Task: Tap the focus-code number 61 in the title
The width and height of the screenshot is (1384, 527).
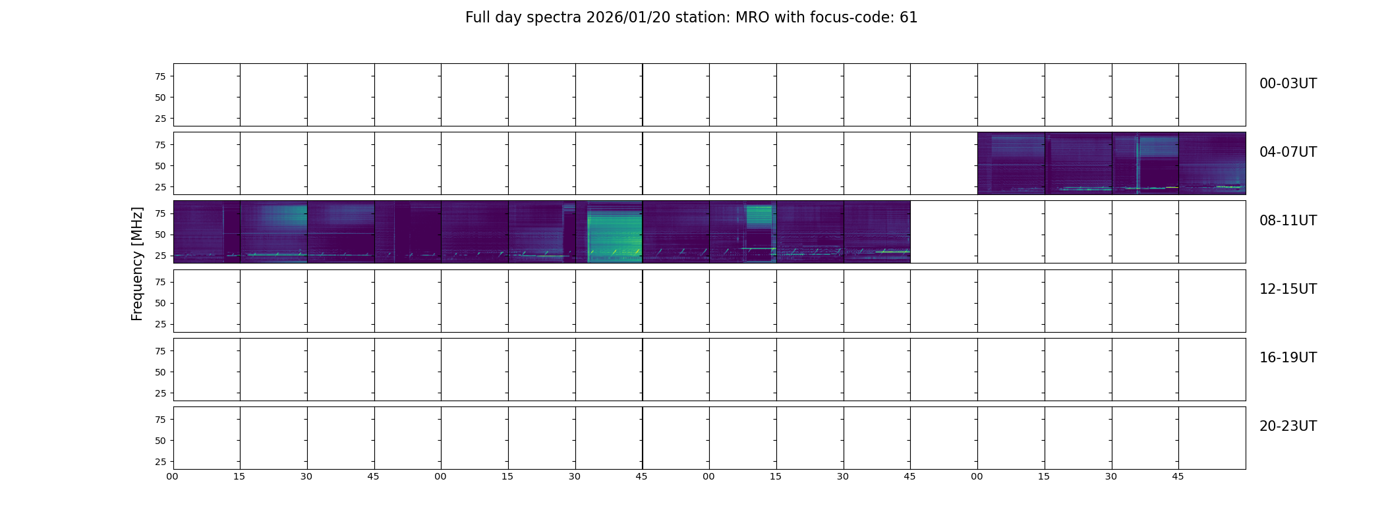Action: click(x=909, y=18)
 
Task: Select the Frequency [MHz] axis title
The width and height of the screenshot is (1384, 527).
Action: click(x=137, y=263)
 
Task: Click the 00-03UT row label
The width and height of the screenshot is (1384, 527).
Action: click(x=1288, y=84)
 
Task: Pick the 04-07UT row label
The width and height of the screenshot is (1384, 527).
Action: click(x=1288, y=152)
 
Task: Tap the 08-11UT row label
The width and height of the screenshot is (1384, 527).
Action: click(x=1288, y=221)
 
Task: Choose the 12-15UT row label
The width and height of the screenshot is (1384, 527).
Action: click(x=1288, y=289)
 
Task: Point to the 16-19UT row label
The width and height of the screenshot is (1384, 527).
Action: click(x=1288, y=358)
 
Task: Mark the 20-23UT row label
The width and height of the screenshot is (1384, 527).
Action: click(x=1288, y=426)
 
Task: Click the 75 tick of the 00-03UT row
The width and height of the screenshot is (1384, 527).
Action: click(x=160, y=76)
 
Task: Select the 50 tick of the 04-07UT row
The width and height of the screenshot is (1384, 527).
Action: click(x=160, y=166)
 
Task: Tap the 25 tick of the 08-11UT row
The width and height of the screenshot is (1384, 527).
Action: click(x=160, y=256)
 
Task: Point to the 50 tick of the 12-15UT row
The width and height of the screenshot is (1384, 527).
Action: click(x=160, y=303)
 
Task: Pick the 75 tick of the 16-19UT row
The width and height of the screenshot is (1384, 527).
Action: click(x=160, y=351)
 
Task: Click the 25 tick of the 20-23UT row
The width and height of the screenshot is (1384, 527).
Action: click(x=160, y=462)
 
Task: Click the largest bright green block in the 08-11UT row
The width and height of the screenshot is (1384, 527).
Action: click(x=614, y=233)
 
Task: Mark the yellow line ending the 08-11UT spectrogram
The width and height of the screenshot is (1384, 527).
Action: click(x=893, y=251)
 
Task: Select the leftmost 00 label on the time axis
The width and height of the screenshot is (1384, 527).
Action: click(x=172, y=476)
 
